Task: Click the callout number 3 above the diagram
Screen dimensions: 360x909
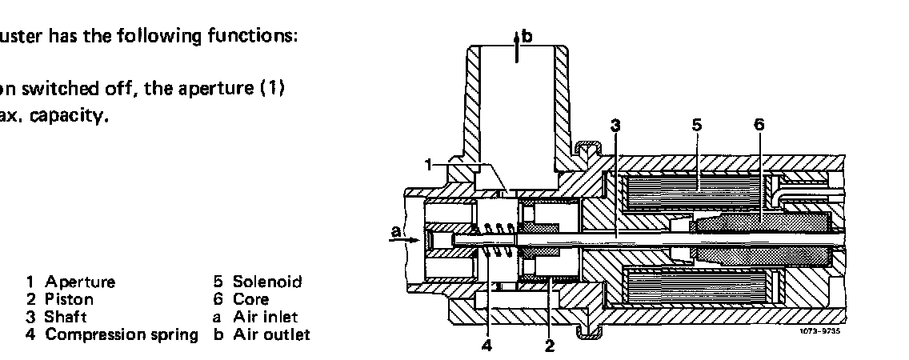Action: tap(615, 125)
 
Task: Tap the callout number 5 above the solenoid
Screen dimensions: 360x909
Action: tap(696, 125)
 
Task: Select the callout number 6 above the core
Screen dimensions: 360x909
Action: tap(759, 125)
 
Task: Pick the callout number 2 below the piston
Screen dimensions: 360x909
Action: tap(549, 346)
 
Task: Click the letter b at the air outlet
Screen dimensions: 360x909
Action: tap(526, 36)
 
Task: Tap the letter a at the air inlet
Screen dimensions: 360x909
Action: tap(394, 232)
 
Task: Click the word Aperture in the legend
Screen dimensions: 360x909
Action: tap(80, 282)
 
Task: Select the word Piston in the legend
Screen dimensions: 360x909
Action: tap(69, 299)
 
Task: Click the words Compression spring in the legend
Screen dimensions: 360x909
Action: tap(121, 334)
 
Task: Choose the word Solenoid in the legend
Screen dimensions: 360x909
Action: tap(266, 282)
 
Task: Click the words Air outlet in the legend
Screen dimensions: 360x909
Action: tap(270, 334)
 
